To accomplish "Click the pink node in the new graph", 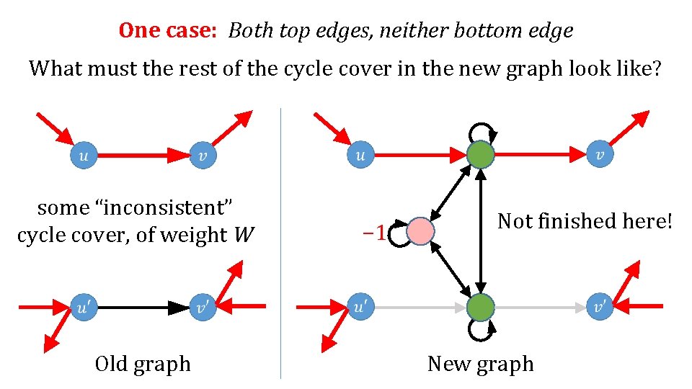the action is coord(421,231).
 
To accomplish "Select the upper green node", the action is coord(481,154).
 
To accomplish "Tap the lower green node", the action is coord(481,308).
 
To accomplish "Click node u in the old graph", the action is coord(84,154).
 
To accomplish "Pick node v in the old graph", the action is coord(203,154).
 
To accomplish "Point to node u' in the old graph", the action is coord(84,308).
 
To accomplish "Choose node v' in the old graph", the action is coord(203,308).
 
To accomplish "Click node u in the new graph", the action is coord(360,154).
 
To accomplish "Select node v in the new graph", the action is coord(600,154).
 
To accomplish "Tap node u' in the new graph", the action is coord(360,308).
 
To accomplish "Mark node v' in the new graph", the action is coord(600,308).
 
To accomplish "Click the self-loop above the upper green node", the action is coord(481,131).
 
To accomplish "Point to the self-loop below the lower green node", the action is coord(481,331).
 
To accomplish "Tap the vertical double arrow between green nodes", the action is coord(481,231).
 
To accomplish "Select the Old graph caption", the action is coord(143,364).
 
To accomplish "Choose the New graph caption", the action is coord(481,364).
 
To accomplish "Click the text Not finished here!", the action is coord(585,220).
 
